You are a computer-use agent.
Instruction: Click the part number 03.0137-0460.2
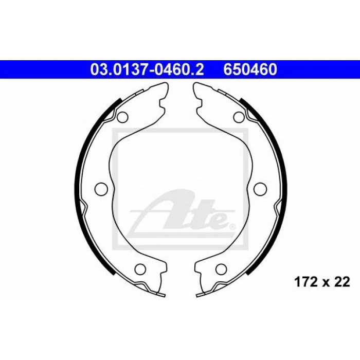[x=147, y=69]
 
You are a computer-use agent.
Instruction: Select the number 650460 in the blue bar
[x=250, y=69]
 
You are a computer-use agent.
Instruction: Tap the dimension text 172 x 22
[x=322, y=282]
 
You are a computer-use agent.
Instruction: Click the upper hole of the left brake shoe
[x=122, y=117]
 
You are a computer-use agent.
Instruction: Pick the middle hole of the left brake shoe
[x=101, y=189]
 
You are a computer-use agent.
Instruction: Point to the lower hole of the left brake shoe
[x=140, y=269]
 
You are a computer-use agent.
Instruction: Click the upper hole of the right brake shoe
[x=239, y=117]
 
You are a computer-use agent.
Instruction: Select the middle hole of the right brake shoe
[x=260, y=189]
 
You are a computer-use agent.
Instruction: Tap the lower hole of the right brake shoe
[x=221, y=269]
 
